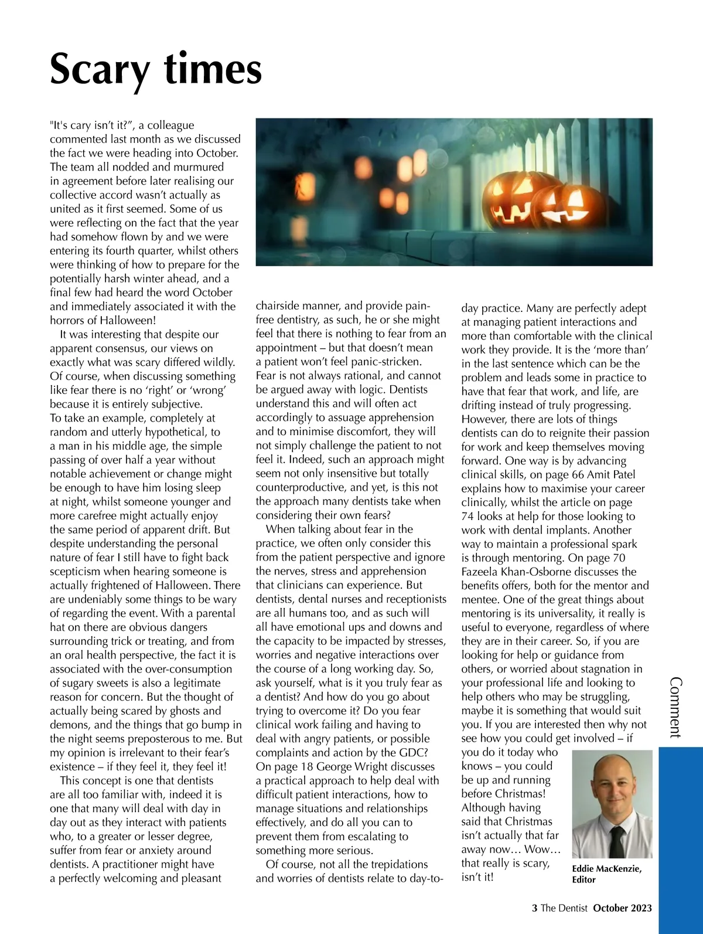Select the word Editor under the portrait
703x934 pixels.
583,879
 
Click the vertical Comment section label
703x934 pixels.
675,707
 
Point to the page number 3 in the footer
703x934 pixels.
534,908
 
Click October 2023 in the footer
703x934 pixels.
622,908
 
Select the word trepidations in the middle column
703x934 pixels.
393,864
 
